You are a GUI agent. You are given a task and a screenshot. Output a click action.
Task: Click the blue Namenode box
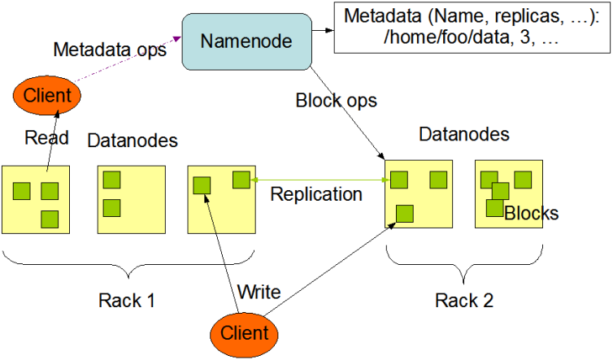(246, 41)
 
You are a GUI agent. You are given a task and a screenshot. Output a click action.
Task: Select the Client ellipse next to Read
(47, 95)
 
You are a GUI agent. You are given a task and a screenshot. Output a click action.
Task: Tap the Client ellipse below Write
(245, 335)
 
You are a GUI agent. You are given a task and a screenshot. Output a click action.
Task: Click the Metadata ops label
(110, 50)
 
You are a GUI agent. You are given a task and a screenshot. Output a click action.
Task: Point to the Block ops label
(337, 101)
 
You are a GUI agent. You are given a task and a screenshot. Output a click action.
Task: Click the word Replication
(316, 194)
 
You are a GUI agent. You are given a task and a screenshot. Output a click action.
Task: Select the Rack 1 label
(127, 301)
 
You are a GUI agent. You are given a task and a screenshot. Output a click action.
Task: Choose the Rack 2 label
(464, 301)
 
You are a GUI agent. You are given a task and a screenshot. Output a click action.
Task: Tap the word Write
(259, 292)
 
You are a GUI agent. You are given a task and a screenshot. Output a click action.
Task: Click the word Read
(46, 137)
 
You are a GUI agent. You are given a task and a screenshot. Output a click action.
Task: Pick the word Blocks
(531, 214)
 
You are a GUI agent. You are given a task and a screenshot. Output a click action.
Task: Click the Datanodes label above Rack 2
(464, 134)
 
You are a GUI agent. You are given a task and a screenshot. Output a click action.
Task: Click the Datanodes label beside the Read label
(133, 141)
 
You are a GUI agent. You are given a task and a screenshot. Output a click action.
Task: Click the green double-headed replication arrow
(320, 180)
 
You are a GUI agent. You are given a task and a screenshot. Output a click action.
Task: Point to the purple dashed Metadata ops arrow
(128, 59)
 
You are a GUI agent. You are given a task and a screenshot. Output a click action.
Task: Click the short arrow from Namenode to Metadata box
(323, 30)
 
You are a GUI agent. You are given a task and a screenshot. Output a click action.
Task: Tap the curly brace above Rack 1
(128, 264)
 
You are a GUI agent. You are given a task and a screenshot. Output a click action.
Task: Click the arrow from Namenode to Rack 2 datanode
(347, 113)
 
